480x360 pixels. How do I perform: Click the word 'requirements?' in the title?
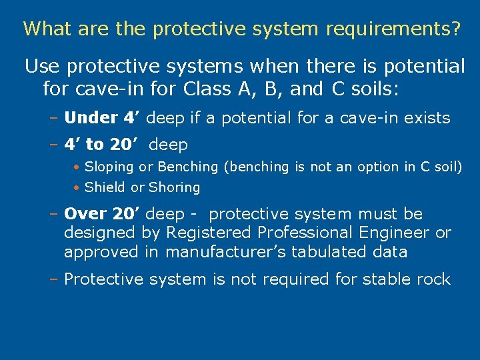(394, 29)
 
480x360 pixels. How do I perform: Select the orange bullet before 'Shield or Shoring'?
(78, 188)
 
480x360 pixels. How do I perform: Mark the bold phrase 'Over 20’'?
(102, 214)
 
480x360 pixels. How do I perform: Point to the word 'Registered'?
(207, 233)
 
